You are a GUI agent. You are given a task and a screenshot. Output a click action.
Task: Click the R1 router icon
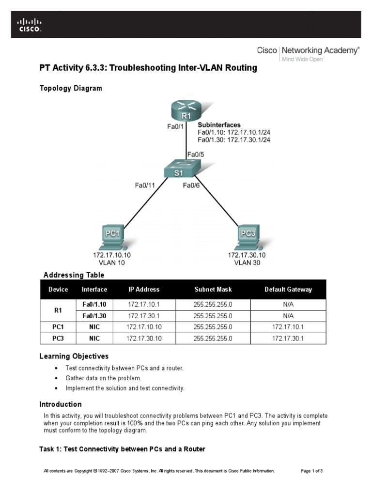[x=186, y=111]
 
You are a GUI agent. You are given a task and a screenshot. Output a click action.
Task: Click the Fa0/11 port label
[x=145, y=185]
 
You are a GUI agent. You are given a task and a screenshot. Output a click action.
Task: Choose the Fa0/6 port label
[x=191, y=185]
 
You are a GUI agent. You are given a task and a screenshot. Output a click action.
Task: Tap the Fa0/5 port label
[x=196, y=155]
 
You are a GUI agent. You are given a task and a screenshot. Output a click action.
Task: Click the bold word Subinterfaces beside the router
[x=219, y=125]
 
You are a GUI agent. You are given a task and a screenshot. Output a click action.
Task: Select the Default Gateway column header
[x=288, y=290]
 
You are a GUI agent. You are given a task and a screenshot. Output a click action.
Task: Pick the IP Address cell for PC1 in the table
[x=144, y=327]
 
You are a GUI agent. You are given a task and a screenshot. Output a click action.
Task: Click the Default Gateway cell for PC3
[x=288, y=339]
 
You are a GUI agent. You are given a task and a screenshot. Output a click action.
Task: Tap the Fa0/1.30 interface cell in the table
[x=94, y=316]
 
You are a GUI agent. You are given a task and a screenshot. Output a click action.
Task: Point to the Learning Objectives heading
[x=74, y=356]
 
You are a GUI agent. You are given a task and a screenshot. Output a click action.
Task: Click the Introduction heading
[x=60, y=404]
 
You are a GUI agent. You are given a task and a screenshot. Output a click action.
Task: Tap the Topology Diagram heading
[x=70, y=88]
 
